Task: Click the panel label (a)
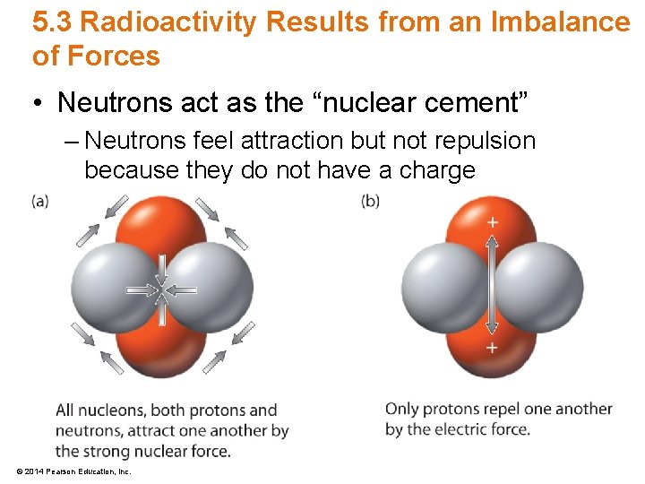click(x=40, y=201)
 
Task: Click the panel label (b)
click(x=370, y=201)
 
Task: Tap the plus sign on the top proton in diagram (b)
click(x=492, y=221)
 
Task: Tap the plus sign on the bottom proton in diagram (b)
click(x=492, y=347)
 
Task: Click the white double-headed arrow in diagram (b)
click(x=492, y=284)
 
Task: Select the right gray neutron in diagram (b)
click(x=540, y=287)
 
